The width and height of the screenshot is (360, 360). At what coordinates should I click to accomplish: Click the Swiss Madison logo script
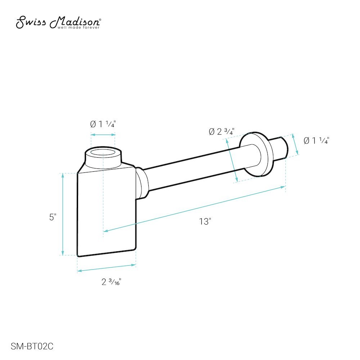(58, 22)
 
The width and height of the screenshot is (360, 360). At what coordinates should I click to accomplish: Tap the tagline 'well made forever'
(78, 28)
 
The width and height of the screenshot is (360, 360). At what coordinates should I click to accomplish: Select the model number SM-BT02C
(32, 346)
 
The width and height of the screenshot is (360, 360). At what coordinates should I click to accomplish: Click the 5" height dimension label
(53, 217)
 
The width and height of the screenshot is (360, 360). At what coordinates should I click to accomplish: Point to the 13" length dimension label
(205, 221)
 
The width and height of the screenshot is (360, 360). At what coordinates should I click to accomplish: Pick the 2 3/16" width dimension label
(111, 282)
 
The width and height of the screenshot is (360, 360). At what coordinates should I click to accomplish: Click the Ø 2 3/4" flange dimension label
(221, 131)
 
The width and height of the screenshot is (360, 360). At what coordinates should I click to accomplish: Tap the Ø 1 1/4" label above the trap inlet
(103, 124)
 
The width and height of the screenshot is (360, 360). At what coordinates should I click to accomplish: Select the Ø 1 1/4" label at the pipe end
(316, 140)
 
